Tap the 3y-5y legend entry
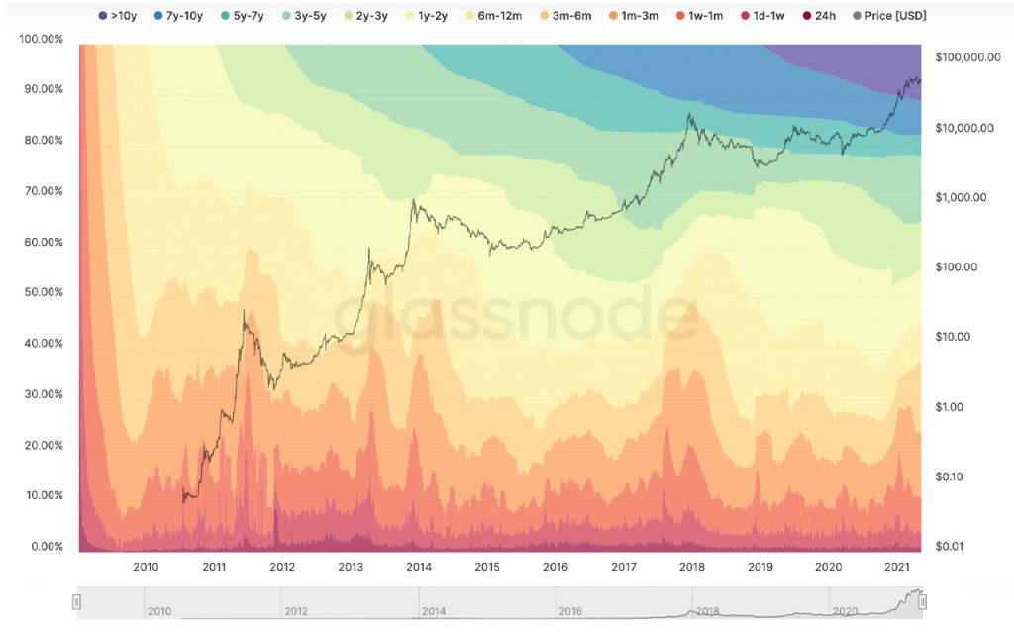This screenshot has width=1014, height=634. tap(314, 16)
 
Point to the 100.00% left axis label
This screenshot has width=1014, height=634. tap(41, 38)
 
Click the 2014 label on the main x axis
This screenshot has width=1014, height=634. tap(419, 567)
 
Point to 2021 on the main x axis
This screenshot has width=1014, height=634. tap(897, 567)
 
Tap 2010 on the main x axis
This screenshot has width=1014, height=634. tap(146, 567)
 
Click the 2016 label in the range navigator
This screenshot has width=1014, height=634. tap(570, 612)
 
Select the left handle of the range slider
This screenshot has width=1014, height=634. tap(77, 601)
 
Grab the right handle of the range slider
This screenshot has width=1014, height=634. tap(922, 601)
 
